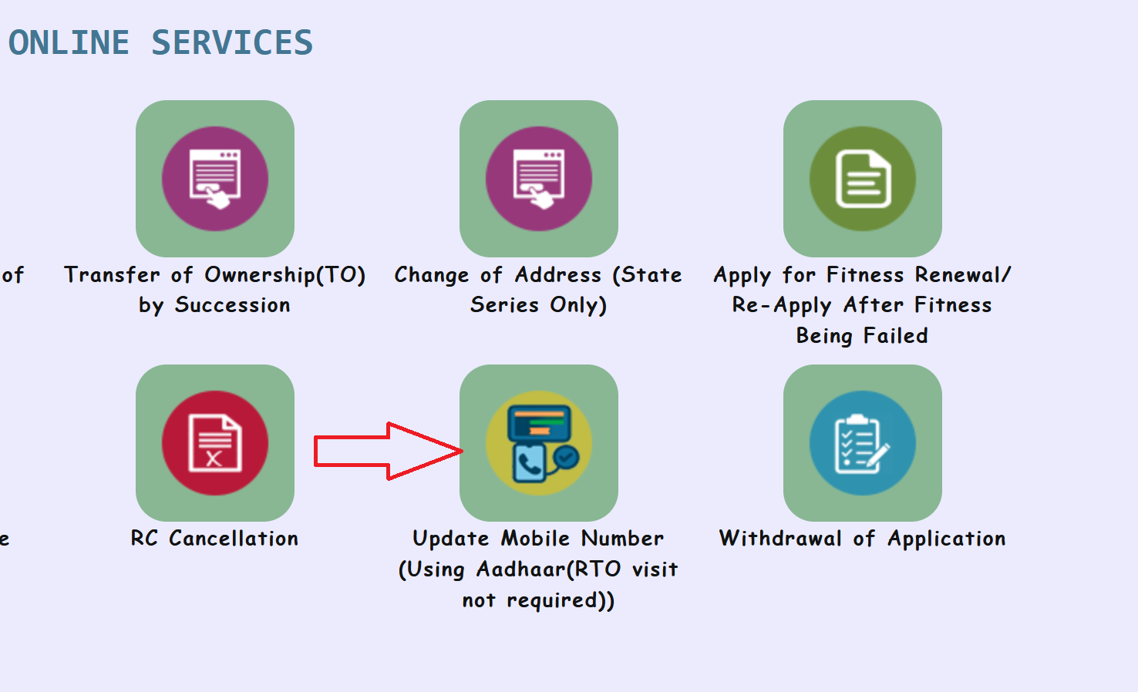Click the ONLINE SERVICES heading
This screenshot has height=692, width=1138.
point(160,42)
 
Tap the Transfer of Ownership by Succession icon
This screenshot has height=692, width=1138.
point(215,179)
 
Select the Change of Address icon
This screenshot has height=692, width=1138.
point(539,179)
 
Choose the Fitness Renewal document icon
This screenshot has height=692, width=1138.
point(863,179)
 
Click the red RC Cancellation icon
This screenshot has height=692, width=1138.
point(215,443)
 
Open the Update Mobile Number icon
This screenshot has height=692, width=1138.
point(539,443)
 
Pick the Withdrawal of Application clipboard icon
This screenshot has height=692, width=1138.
point(863,443)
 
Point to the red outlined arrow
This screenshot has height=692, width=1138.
point(386,451)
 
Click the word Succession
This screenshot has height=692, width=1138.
point(232,305)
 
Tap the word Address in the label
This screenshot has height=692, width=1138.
point(558,275)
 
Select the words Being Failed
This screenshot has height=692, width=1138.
point(862,336)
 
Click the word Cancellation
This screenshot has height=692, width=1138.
point(234,539)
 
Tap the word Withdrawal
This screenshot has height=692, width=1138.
point(780,539)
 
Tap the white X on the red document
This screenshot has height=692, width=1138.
point(214,459)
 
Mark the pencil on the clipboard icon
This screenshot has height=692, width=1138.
point(877,455)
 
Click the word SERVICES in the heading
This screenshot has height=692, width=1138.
point(232,42)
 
